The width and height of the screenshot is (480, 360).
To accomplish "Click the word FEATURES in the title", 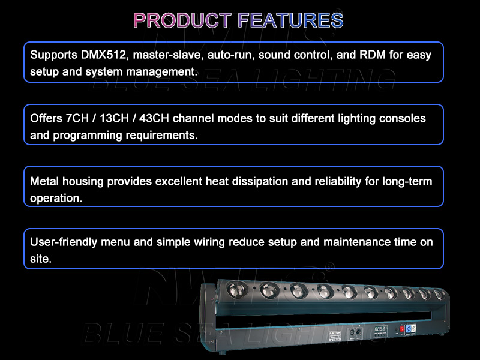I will click(290, 20).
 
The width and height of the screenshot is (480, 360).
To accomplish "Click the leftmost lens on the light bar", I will click(235, 290).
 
